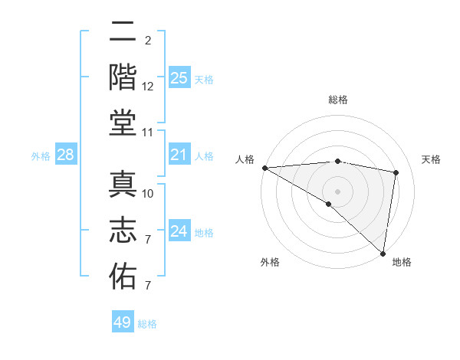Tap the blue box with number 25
tap(179, 77)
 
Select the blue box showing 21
tap(179, 155)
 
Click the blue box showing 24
tap(179, 231)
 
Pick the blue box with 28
tap(66, 155)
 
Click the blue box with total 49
tap(123, 322)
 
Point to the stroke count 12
tap(148, 87)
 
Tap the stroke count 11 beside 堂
tap(148, 133)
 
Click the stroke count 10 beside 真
tap(148, 193)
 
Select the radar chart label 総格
tap(337, 100)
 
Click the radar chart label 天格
tap(431, 159)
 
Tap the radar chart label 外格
tap(270, 262)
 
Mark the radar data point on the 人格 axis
tap(264, 168)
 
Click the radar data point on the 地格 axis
tap(383, 253)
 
